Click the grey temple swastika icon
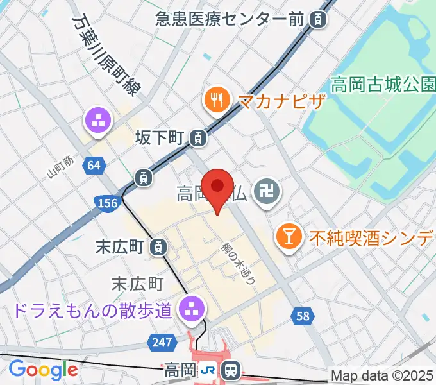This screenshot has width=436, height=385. (x=264, y=191)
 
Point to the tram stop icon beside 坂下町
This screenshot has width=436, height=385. (x=199, y=137)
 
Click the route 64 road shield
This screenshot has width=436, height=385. (x=94, y=166)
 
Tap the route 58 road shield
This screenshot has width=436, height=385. (x=303, y=315)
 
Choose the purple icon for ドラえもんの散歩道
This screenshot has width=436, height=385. (x=190, y=308)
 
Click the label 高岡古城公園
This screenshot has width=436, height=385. (x=383, y=84)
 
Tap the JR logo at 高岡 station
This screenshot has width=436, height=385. (x=208, y=370)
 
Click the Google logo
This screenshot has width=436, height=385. (x=43, y=370)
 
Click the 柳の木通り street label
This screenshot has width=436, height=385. (x=239, y=263)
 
